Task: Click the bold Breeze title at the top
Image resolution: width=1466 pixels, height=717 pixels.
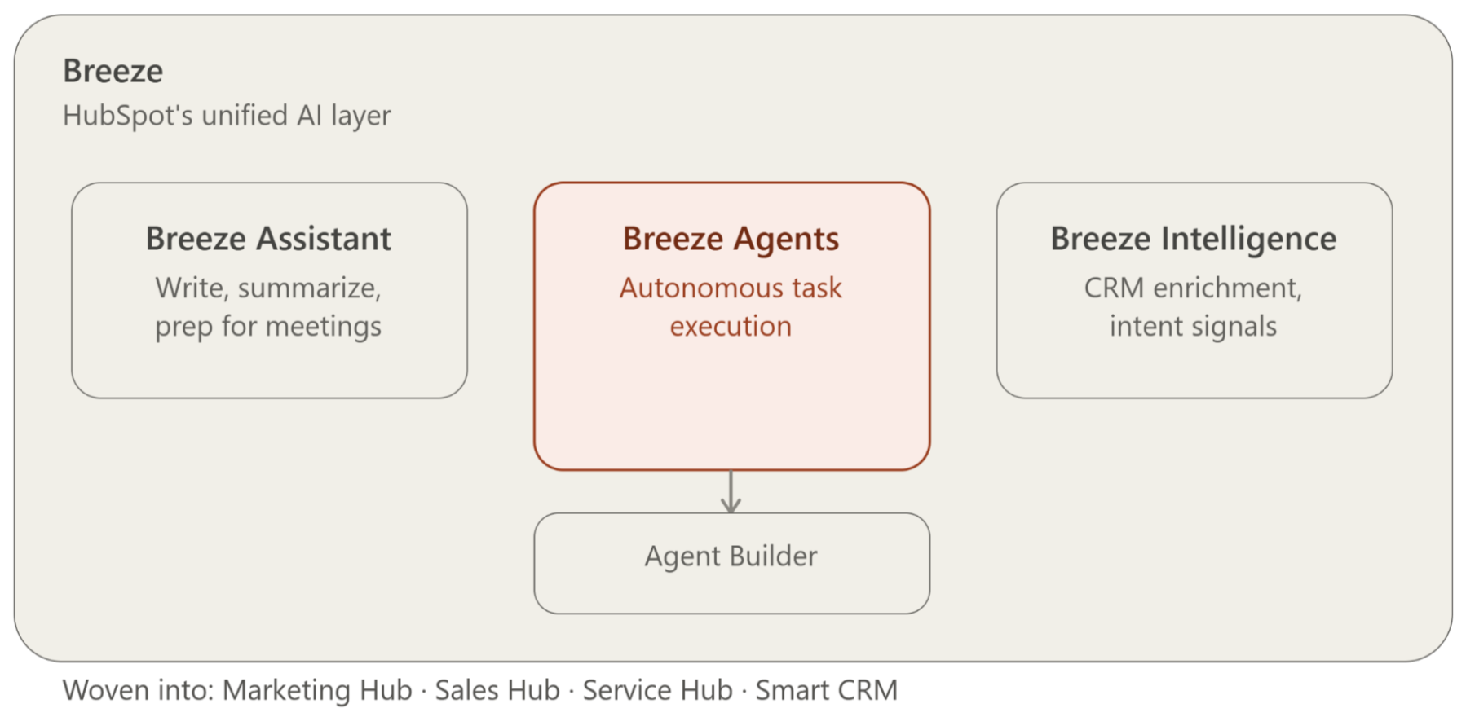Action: pos(113,71)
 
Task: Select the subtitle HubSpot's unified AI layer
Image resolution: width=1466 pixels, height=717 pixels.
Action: pos(227,116)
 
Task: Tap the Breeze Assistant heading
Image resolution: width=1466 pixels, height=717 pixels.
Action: pos(268,239)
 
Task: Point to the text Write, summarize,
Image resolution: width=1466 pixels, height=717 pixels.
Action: pos(268,288)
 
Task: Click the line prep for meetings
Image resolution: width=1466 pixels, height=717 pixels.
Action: pos(268,327)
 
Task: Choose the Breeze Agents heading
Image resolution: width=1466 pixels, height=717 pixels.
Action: pos(731,239)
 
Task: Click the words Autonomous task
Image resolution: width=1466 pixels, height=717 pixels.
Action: pos(731,288)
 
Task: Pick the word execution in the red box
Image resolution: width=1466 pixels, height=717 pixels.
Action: pos(731,327)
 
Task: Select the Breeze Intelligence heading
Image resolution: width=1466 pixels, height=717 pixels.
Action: pos(1194,239)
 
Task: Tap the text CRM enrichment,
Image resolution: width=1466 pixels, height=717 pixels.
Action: pos(1194,288)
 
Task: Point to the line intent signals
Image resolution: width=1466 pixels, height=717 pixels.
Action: pos(1194,327)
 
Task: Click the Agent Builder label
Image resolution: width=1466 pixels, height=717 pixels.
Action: pos(731,556)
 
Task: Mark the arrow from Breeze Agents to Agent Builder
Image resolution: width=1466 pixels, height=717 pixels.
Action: pos(731,491)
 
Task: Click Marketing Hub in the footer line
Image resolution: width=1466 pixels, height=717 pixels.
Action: pos(317,690)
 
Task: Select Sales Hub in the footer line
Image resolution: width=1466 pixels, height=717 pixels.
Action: pos(497,690)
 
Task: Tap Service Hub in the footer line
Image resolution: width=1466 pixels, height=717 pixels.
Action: pos(658,690)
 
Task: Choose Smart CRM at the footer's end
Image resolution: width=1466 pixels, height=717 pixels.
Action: pos(827,690)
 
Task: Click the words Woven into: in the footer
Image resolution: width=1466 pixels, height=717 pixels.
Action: pos(139,690)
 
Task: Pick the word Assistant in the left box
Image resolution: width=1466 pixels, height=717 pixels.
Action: pos(325,239)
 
